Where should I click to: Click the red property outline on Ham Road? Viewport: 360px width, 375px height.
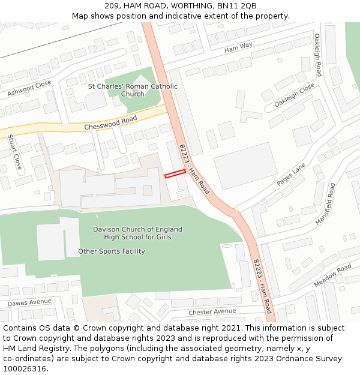click(175, 173)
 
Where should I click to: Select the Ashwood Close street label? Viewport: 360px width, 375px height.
click(29, 89)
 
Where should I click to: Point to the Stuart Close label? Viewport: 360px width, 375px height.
click(14, 152)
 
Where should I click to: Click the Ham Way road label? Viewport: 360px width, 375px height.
click(238, 47)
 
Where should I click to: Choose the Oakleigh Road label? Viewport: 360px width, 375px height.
click(318, 55)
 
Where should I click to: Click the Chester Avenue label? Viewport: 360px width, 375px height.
click(212, 312)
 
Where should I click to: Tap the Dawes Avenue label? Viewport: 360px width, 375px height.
click(29, 302)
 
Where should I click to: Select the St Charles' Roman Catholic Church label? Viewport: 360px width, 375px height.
click(133, 90)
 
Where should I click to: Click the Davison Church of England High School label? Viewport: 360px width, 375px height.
click(137, 233)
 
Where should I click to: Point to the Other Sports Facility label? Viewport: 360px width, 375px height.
click(112, 251)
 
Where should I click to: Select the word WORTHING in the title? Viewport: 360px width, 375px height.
click(185, 5)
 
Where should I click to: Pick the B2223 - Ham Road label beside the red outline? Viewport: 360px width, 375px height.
click(194, 169)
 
